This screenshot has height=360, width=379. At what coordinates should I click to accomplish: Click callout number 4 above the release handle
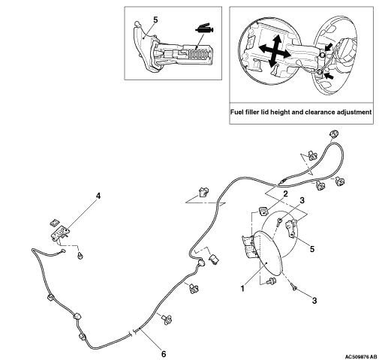(x=98, y=196)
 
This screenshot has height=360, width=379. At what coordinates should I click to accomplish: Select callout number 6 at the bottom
(x=164, y=354)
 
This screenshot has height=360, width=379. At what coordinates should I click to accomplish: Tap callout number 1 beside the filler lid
(x=242, y=289)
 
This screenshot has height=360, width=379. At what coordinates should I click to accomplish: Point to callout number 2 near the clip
(x=285, y=193)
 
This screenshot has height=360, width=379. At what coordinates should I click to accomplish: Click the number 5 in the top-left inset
(x=155, y=20)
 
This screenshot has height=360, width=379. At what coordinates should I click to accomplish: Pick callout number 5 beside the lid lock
(x=312, y=249)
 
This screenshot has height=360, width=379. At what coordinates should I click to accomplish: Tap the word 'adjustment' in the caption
(x=355, y=112)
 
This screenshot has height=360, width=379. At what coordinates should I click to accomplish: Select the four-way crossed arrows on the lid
(x=275, y=51)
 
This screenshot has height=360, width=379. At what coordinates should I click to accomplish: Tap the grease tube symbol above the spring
(x=204, y=28)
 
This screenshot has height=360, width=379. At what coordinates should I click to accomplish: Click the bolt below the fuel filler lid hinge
(x=271, y=280)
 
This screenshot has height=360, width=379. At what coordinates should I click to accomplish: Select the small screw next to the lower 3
(x=293, y=286)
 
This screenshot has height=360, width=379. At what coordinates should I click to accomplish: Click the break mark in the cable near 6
(x=133, y=333)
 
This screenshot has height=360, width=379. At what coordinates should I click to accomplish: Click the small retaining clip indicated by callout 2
(x=263, y=211)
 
